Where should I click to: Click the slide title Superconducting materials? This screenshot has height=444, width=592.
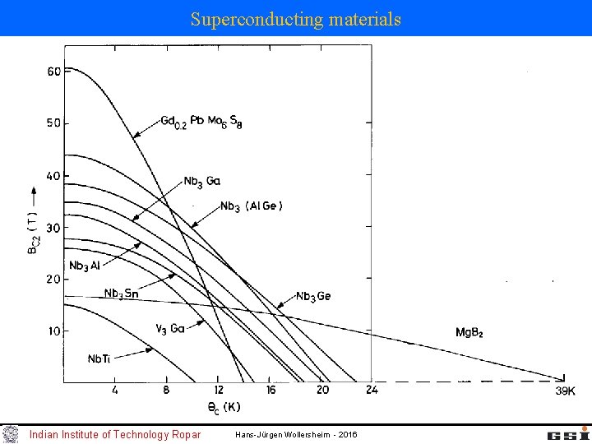click(296, 18)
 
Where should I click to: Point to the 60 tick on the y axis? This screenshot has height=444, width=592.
click(53, 72)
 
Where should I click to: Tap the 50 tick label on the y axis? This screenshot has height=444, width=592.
click(53, 123)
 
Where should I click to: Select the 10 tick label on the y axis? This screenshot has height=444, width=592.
click(53, 331)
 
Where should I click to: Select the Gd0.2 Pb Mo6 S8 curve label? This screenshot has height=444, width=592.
click(201, 122)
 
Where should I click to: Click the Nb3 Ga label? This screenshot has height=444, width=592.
click(201, 182)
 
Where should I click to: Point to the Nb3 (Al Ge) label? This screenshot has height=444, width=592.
click(252, 206)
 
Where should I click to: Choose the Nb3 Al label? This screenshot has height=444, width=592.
click(85, 266)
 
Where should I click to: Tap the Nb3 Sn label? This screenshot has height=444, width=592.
click(122, 294)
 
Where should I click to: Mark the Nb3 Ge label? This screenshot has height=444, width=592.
click(313, 296)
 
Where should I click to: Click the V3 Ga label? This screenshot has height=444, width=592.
click(169, 328)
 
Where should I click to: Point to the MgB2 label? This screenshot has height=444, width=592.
click(469, 333)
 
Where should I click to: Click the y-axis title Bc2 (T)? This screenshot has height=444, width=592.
click(32, 234)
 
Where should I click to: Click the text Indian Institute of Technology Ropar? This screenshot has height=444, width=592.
click(114, 434)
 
